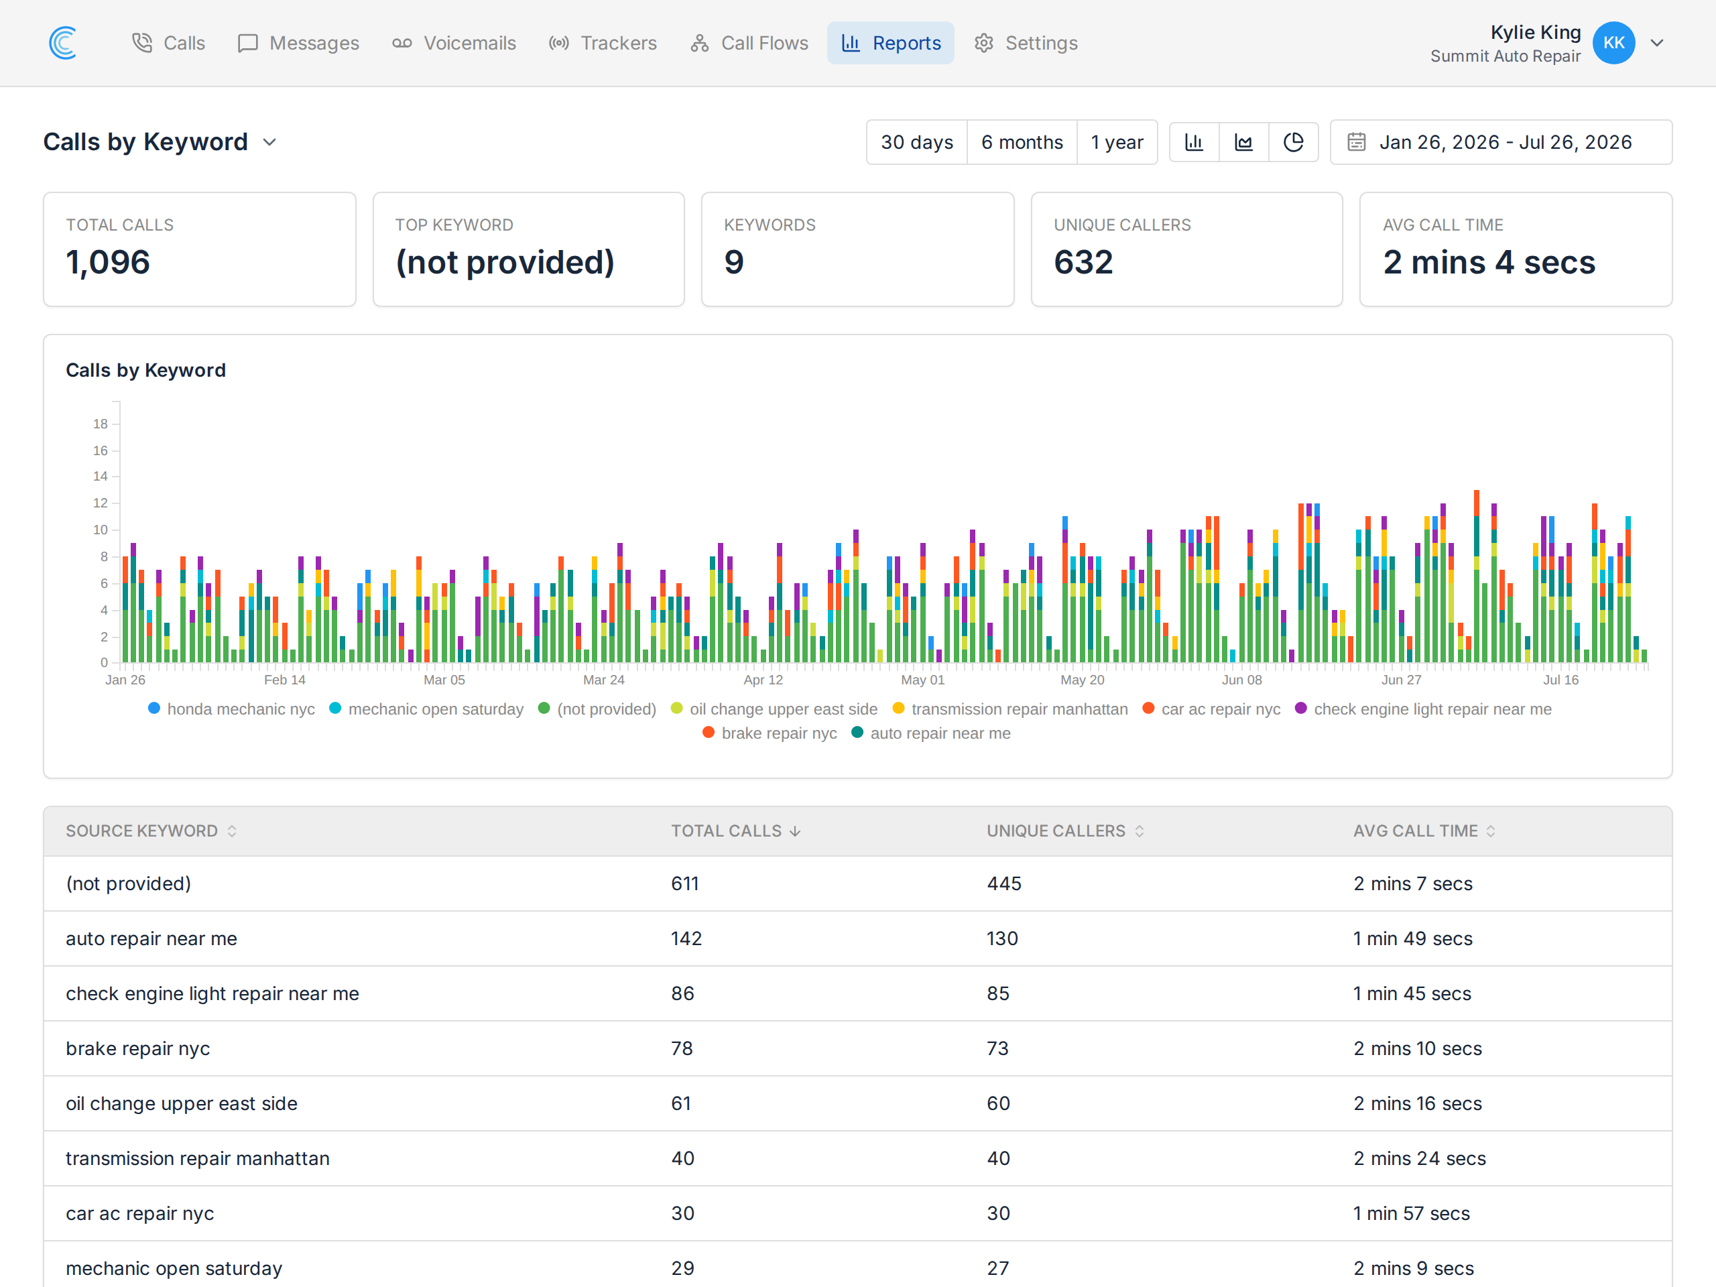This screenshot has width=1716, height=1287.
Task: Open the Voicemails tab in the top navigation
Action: click(x=454, y=43)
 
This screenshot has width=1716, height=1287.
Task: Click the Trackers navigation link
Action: click(x=603, y=43)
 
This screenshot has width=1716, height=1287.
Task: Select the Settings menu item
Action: click(x=1026, y=43)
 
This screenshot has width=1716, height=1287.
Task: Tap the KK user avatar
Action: click(x=1613, y=43)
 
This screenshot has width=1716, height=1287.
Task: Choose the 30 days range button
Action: click(x=916, y=142)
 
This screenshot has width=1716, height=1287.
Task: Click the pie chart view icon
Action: click(x=1293, y=142)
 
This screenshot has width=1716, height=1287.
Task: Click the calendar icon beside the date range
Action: click(x=1356, y=142)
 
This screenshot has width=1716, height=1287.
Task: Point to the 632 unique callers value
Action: click(x=1083, y=262)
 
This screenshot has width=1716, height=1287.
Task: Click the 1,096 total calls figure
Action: click(x=108, y=262)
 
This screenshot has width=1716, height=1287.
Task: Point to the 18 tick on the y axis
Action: click(x=100, y=424)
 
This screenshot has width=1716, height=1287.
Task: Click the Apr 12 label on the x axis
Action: click(x=763, y=680)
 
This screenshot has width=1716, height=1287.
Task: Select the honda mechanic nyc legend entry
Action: click(x=231, y=709)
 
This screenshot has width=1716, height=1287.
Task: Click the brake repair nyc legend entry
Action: click(x=770, y=733)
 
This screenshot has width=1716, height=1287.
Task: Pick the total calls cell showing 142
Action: click(x=686, y=938)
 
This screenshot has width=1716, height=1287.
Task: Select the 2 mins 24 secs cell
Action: click(x=1420, y=1158)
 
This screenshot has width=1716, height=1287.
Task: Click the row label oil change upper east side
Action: click(x=182, y=1103)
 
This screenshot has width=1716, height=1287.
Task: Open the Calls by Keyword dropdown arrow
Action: click(x=269, y=142)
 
